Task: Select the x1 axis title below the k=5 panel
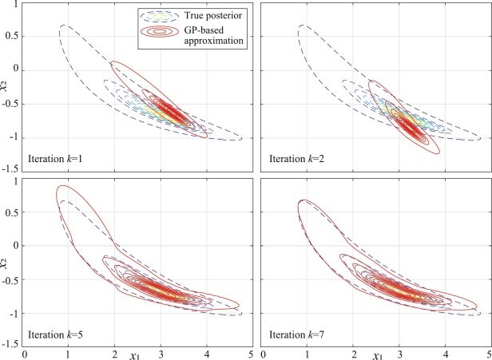[97, 351]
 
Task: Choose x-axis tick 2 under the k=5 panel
[116, 351]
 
